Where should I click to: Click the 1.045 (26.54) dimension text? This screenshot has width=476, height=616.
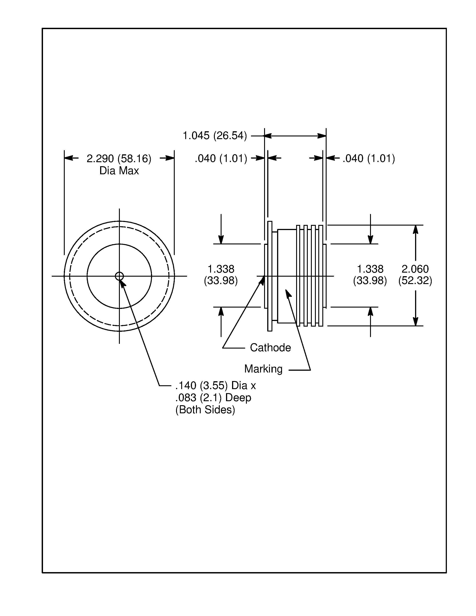(x=215, y=136)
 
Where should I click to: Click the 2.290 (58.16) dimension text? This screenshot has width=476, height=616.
(x=119, y=159)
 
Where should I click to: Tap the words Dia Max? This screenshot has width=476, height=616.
(x=119, y=171)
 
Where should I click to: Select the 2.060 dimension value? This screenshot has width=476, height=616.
(x=415, y=269)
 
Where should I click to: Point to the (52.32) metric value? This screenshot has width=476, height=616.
(x=415, y=281)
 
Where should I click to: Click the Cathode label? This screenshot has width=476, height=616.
(x=270, y=347)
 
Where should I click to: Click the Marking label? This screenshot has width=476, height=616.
(x=263, y=369)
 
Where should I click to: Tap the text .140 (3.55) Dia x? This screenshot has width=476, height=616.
(x=215, y=385)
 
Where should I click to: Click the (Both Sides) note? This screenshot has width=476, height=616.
(x=205, y=409)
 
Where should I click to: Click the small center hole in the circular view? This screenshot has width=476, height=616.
(x=119, y=276)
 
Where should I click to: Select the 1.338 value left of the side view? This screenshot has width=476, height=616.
(x=221, y=269)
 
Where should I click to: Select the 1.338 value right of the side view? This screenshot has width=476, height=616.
(x=370, y=269)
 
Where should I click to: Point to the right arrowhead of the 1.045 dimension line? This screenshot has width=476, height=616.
(x=322, y=136)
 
